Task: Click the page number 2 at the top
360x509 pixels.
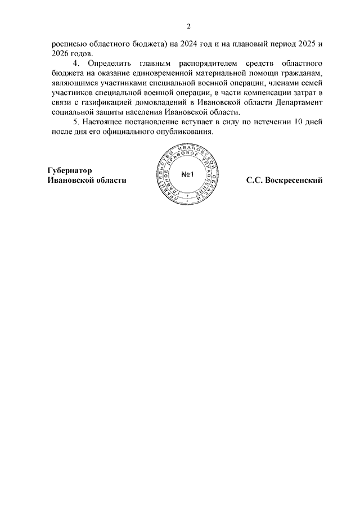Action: tap(189, 26)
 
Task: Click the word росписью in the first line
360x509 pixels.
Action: tap(64, 43)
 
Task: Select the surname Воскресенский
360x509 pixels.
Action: tap(294, 181)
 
